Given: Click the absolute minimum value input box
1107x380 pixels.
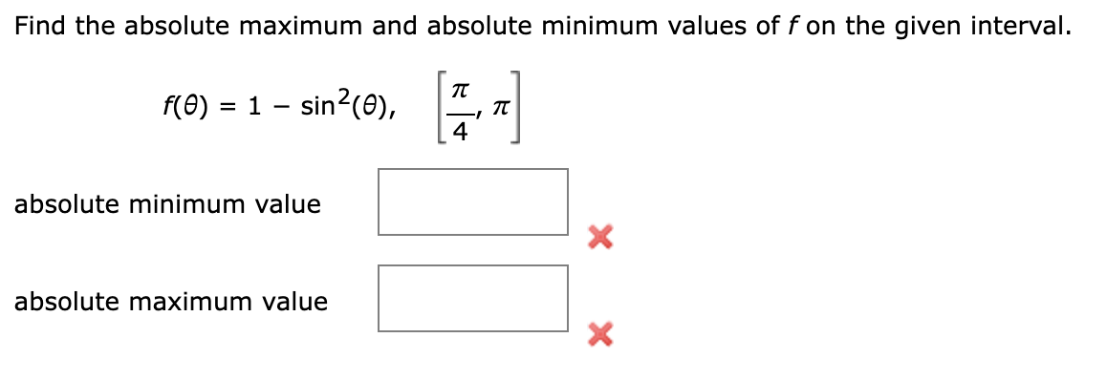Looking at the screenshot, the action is click(472, 201).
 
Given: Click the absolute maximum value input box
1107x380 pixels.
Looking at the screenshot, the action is click(472, 298).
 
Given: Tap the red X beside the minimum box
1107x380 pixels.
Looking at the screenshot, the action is click(599, 236).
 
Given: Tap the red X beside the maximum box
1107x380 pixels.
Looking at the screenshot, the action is click(599, 333).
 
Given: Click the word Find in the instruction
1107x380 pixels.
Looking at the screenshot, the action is click(41, 26).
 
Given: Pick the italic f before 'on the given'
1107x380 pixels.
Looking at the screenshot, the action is click(794, 26).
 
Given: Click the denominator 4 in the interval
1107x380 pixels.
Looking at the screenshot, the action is click(460, 134).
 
